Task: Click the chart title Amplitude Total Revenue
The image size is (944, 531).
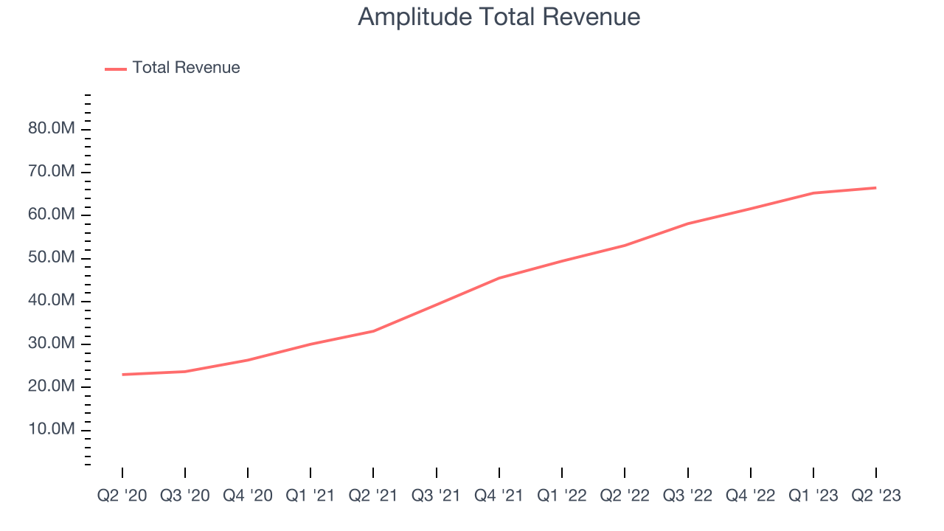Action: [499, 16]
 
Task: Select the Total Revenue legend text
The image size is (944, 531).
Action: [186, 68]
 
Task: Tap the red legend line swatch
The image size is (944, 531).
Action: [116, 69]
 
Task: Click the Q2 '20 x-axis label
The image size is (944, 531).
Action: [122, 496]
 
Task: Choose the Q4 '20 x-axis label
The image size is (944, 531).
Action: [248, 496]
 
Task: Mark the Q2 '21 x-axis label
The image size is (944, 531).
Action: [373, 496]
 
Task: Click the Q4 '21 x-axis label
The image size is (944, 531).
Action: [499, 496]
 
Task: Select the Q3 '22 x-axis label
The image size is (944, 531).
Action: [687, 496]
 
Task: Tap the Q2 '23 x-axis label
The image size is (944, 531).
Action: [875, 496]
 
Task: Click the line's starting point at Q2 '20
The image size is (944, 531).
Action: [122, 375]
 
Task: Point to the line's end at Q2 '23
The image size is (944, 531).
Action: [875, 187]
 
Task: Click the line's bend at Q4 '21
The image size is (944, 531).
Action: [499, 278]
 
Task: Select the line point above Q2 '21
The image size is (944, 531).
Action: [373, 331]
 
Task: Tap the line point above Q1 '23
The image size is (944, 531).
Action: [813, 193]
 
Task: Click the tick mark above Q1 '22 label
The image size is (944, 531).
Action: [562, 472]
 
